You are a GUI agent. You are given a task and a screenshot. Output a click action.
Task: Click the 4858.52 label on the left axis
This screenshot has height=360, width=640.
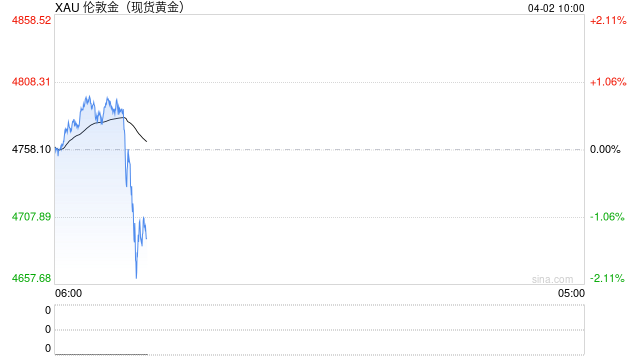point(31,20)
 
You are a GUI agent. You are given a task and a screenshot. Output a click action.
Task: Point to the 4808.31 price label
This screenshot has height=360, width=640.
point(31,82)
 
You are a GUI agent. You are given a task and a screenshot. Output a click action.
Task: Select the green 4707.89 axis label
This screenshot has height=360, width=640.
point(31,216)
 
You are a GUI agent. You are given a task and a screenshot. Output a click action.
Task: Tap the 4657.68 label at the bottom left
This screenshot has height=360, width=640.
point(31,278)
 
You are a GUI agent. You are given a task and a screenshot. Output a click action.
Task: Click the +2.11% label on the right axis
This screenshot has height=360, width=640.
point(607,20)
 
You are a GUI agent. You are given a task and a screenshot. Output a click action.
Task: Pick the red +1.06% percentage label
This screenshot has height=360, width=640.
point(607,82)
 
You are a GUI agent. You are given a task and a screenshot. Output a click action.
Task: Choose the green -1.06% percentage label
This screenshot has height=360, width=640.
point(607,216)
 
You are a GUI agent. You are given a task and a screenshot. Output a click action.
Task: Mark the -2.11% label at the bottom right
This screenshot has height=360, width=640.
point(607,278)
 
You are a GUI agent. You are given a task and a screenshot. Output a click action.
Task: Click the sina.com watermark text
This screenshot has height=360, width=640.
point(552,279)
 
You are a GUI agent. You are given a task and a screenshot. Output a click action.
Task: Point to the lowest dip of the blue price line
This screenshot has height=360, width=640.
point(136,277)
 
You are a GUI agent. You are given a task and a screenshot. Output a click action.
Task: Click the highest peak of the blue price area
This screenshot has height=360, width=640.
point(88,96)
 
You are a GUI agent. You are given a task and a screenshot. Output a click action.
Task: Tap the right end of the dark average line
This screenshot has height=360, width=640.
point(125,118)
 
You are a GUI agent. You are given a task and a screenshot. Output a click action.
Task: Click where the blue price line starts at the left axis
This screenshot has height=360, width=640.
point(56,148)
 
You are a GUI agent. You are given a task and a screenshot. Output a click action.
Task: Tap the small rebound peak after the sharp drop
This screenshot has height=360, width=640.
point(143,217)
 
